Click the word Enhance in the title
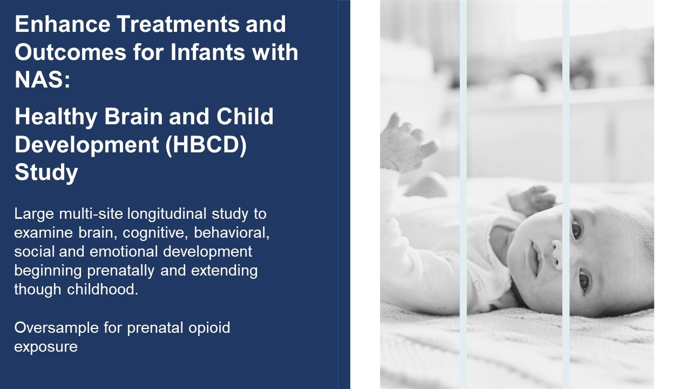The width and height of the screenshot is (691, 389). [63, 24]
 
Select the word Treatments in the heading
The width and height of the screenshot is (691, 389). [178, 24]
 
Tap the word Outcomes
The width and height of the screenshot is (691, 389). [70, 52]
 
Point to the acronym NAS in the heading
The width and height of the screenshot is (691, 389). [39, 79]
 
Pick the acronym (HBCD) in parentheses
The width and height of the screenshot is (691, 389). [206, 145]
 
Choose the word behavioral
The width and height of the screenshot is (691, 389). [232, 233]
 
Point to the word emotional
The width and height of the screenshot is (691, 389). [124, 252]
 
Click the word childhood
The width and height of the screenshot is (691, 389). [103, 289]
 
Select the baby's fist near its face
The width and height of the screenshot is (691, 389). [532, 200]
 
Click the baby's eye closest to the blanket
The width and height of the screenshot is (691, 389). [584, 280]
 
